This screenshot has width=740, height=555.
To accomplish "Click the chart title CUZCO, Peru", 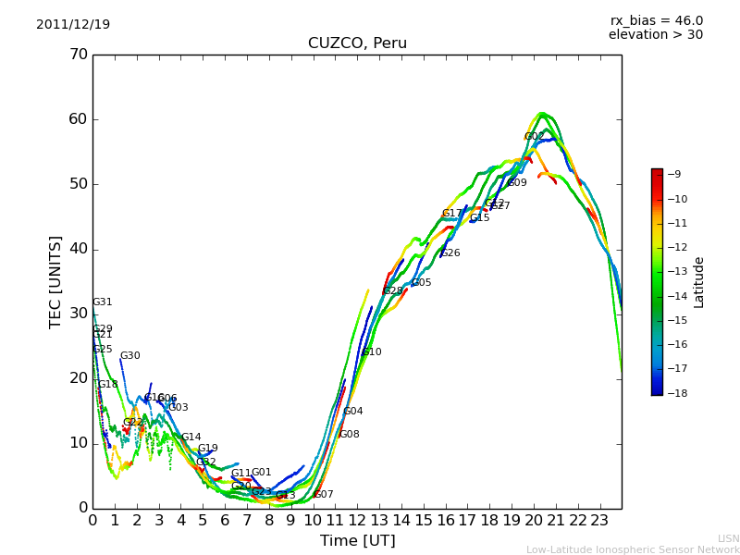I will tap(357, 43).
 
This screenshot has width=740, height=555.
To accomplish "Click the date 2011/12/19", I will tap(73, 25).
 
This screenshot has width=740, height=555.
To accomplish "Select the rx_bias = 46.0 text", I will tap(656, 21).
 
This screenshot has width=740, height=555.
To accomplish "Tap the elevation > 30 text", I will tap(655, 35).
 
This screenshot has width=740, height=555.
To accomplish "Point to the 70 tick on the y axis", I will tap(78, 55).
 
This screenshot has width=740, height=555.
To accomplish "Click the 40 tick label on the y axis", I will tap(78, 249).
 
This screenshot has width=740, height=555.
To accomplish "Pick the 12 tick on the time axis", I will tap(357, 520).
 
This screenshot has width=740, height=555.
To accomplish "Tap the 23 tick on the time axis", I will tap(599, 520).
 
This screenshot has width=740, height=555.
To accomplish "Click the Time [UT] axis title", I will tap(357, 541).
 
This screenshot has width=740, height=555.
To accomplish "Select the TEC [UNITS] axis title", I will tap(56, 281).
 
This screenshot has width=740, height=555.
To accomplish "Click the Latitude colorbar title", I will tap(699, 282).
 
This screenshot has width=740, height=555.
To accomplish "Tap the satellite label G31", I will tap(103, 302).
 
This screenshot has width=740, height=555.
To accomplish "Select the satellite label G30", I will tap(130, 356).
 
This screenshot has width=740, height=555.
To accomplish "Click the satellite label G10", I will tap(372, 352).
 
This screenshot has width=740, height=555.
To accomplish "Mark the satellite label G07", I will tap(324, 495).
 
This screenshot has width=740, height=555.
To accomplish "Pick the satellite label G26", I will tap(450, 253).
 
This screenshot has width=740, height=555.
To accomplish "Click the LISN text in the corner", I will tap(728, 538).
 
